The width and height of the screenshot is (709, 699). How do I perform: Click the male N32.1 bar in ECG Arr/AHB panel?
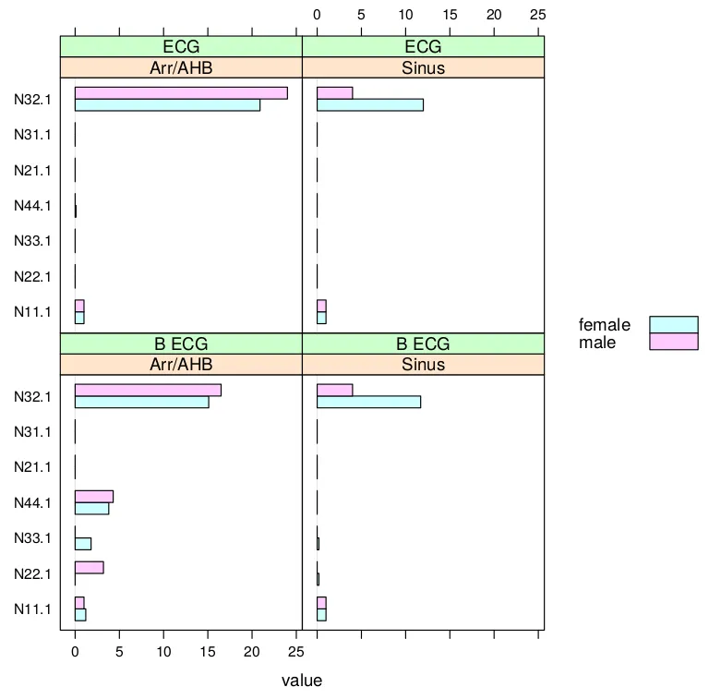[x=181, y=92]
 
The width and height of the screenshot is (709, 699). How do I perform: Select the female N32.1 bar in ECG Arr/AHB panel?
[x=167, y=104]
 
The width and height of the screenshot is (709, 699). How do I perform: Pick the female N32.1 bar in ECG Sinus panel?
[x=369, y=104]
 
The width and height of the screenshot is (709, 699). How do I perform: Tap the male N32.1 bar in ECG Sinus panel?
[x=334, y=92]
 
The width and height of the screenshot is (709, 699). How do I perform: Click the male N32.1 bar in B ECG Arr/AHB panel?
[x=148, y=390]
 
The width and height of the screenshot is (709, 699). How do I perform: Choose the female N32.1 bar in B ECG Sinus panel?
[x=368, y=402]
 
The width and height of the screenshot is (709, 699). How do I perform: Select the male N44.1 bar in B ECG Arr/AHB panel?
[x=94, y=496]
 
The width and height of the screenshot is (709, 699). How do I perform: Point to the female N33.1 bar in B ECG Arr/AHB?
[x=83, y=543]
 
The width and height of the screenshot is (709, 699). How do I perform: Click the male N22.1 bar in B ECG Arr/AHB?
[x=89, y=567]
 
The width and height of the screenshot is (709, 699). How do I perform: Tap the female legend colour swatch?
[x=674, y=324]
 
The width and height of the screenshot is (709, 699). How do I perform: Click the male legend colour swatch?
[x=674, y=342]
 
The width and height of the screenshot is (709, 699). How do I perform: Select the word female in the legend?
[x=605, y=325]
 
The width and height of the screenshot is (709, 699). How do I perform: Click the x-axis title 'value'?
[x=302, y=681]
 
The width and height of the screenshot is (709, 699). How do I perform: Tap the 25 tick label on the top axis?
[x=538, y=15]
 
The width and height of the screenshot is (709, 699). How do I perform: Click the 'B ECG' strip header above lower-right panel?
[x=423, y=344]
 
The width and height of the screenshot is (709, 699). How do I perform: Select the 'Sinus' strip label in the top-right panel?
[x=423, y=67]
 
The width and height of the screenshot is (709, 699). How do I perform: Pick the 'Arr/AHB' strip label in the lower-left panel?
[x=181, y=365]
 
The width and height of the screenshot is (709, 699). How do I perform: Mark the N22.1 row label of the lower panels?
[x=32, y=573]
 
